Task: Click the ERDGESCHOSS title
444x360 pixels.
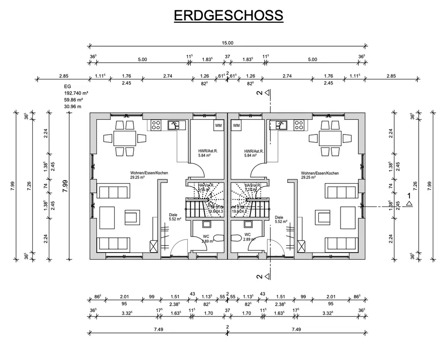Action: pos(228,16)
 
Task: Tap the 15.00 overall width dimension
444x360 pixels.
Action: pos(227,43)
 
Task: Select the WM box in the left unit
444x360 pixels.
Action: pos(218,125)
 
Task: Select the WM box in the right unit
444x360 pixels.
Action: pos(236,125)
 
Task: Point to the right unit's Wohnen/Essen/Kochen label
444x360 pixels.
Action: pos(320,173)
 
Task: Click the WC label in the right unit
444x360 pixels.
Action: pos(247,234)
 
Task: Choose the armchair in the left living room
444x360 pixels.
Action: pos(131,218)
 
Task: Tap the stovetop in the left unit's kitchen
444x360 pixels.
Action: pos(156,125)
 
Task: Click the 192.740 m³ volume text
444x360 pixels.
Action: pos(76,94)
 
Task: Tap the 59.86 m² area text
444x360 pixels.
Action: pos(74,100)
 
